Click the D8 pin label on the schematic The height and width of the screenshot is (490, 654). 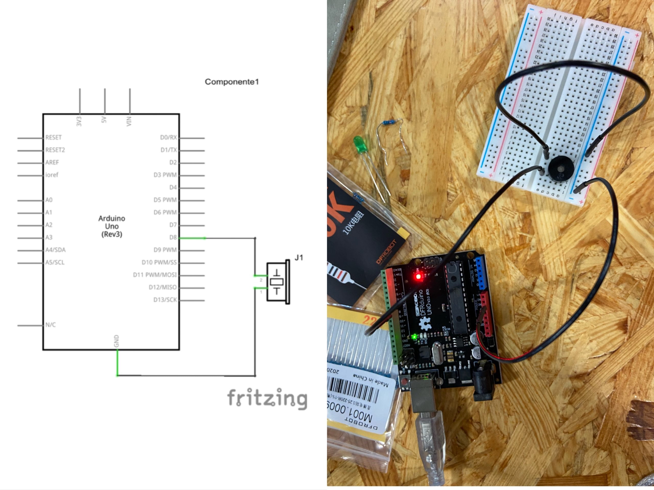click(173, 237)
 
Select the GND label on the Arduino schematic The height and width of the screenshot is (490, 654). click(116, 341)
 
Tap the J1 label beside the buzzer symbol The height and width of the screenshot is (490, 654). click(299, 258)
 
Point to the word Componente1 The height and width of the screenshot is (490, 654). click(232, 82)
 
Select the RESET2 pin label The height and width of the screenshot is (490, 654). click(55, 150)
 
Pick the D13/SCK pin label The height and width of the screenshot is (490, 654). click(165, 300)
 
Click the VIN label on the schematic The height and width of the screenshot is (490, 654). click(129, 121)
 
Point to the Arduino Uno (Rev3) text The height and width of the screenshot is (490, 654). click(112, 226)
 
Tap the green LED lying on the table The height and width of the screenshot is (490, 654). click(359, 144)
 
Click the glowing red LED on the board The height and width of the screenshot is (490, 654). click(418, 277)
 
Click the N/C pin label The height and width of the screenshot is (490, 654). click(51, 325)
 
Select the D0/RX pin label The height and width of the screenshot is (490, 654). click(169, 137)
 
